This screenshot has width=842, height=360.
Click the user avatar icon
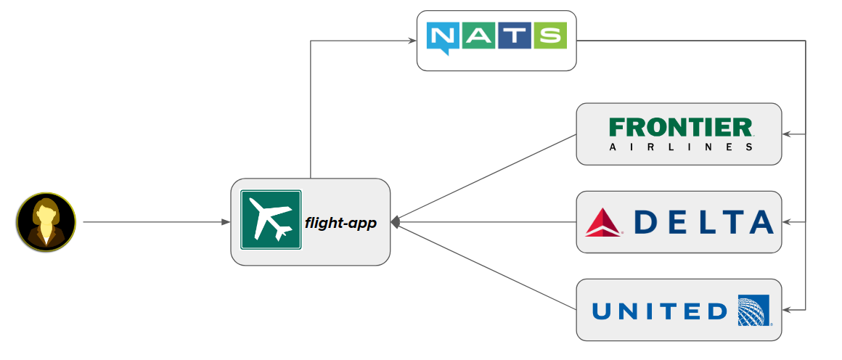click(x=46, y=222)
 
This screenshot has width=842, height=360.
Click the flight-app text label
click(x=340, y=223)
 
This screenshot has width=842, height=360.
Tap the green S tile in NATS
click(x=549, y=36)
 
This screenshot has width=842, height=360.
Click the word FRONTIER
click(x=679, y=128)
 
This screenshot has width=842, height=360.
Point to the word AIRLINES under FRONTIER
click(x=679, y=147)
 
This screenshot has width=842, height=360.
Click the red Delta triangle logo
click(x=604, y=222)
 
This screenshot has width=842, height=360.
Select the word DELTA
click(x=703, y=222)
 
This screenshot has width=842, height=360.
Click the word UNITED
click(x=659, y=311)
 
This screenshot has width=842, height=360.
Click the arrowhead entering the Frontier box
click(x=786, y=134)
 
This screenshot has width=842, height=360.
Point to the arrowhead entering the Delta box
click(x=786, y=222)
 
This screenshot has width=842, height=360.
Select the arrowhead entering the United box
click(x=786, y=310)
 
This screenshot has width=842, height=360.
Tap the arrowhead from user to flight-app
click(x=226, y=222)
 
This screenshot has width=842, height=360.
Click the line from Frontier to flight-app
click(x=486, y=179)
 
